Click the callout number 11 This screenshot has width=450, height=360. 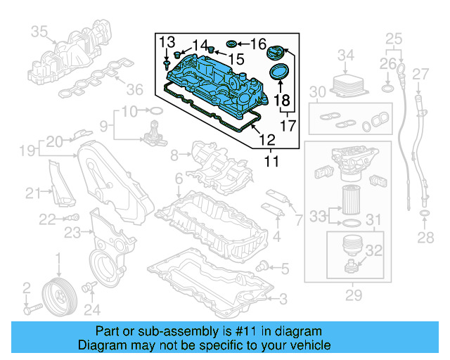(271, 161)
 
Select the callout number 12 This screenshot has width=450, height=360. (267, 140)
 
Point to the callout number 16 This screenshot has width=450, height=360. (259, 44)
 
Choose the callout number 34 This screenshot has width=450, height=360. (346, 54)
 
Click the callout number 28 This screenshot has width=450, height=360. (425, 238)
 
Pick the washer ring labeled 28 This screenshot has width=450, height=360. (425, 212)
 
